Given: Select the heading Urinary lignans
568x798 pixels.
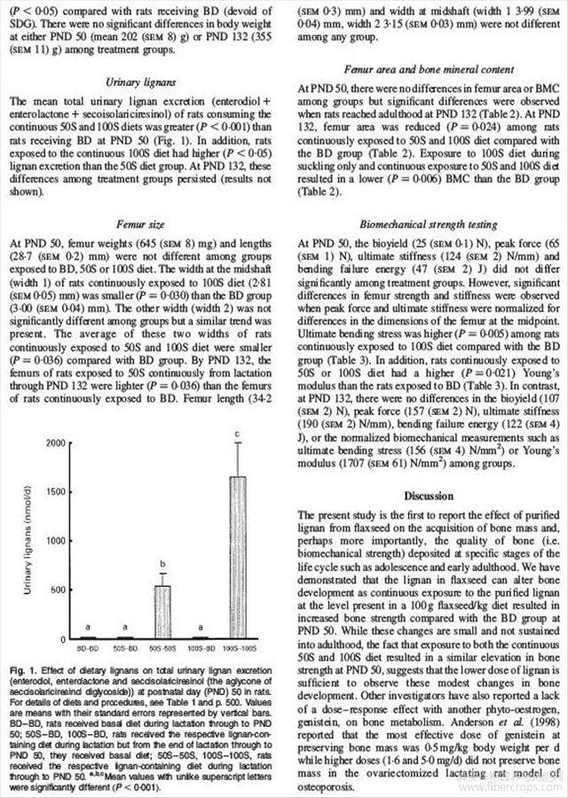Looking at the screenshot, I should click(x=141, y=82).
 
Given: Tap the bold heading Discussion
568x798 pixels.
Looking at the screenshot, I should click(x=424, y=495).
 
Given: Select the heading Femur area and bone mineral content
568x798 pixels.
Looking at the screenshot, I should click(x=424, y=68).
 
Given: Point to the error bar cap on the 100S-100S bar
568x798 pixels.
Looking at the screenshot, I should click(x=238, y=443).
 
